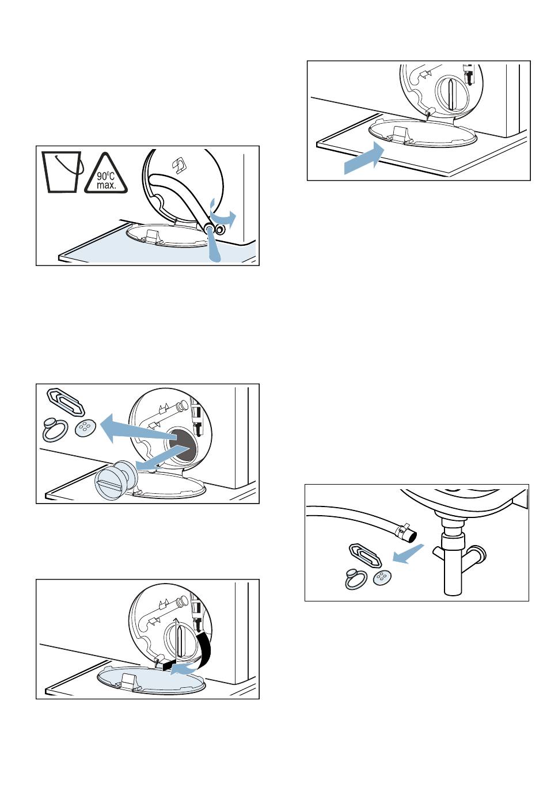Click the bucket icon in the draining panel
63,172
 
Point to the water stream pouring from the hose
214,245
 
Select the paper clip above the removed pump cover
66,402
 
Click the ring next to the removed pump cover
55,429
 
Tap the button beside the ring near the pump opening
85,428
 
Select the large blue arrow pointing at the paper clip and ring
139,429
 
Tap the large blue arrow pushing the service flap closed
364,158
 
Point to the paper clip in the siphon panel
366,555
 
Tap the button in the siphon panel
382,578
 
